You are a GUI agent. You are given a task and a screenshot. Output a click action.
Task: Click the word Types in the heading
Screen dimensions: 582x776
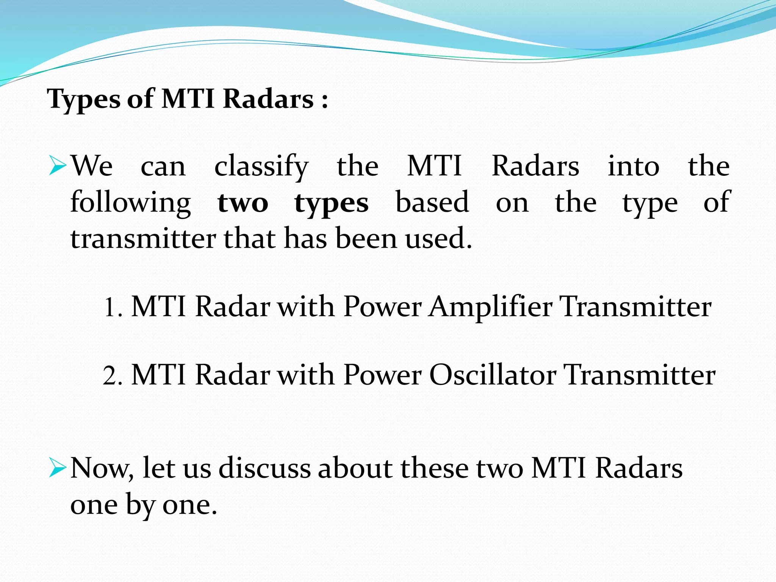tap(84, 100)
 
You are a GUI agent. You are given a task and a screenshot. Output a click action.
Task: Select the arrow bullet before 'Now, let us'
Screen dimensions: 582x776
tap(58, 469)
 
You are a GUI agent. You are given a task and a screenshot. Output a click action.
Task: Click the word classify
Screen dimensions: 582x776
tap(261, 167)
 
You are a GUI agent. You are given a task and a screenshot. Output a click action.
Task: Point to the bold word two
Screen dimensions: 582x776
tap(243, 203)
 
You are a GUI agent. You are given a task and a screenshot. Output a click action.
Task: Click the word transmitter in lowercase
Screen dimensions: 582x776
tap(143, 239)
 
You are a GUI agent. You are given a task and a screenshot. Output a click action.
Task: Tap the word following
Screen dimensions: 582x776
tap(130, 203)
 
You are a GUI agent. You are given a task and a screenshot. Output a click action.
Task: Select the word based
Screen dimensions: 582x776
tap(432, 202)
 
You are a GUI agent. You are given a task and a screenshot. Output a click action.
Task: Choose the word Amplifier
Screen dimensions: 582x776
tap(490, 307)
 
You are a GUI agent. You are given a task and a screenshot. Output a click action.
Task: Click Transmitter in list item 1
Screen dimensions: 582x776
tap(635, 307)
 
